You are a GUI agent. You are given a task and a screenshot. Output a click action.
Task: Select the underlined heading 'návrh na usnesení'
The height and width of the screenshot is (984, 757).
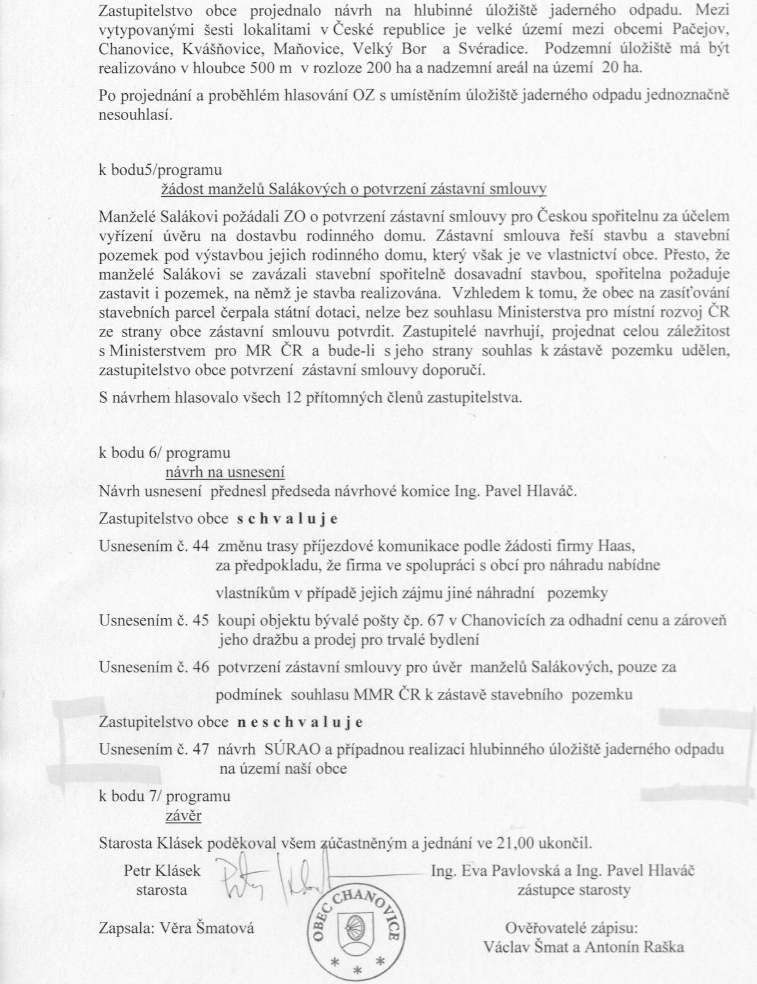point(225,472)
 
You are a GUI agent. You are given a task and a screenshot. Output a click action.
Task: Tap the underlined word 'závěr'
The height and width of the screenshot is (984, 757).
point(183,816)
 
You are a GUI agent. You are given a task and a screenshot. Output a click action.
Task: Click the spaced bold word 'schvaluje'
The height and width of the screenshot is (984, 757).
point(287,518)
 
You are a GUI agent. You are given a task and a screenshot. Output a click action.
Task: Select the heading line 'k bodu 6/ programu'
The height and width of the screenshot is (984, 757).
point(165,454)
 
